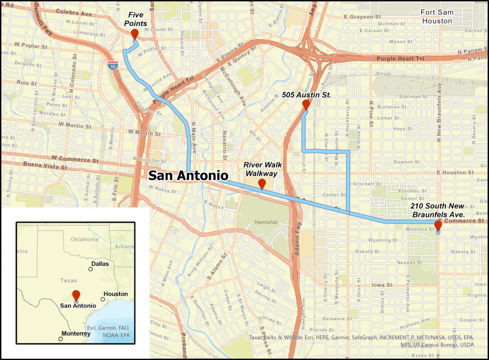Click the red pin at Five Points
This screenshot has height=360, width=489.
click(135, 34)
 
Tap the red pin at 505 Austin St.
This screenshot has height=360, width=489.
click(306, 105)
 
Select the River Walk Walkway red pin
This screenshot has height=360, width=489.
click(262, 184)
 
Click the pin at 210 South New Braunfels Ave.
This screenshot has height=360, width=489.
click(438, 225)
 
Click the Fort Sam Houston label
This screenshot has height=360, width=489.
click(436, 17)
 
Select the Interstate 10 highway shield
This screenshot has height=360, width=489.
click(112, 66)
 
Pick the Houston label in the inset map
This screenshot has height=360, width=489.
click(116, 294)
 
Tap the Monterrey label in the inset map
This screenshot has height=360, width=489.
click(76, 334)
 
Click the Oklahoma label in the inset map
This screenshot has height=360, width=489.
click(84, 239)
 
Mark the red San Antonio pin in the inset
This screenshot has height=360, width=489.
click(76, 295)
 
